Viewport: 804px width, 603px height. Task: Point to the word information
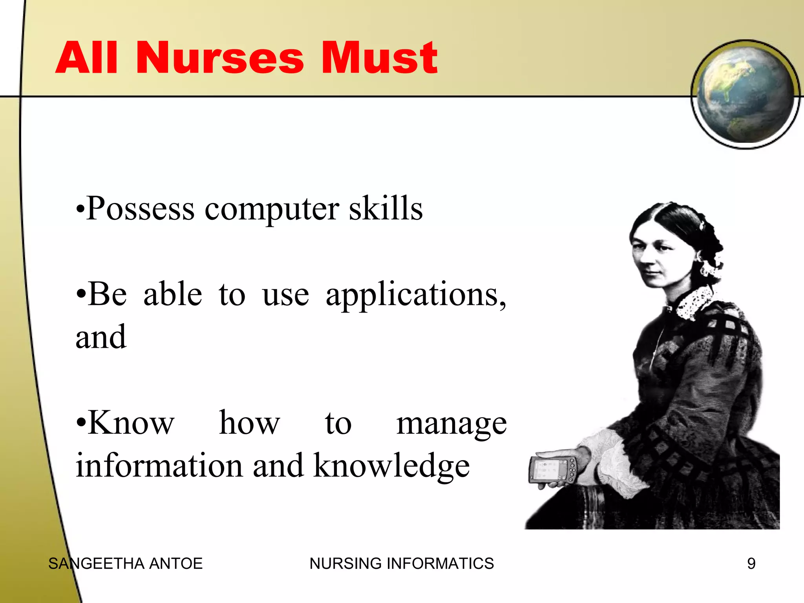(159, 466)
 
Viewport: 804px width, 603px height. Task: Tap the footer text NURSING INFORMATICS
(401, 564)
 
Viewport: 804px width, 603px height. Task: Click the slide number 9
(751, 564)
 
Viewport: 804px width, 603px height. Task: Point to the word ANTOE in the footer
(176, 564)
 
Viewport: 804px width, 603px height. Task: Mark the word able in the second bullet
(173, 294)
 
